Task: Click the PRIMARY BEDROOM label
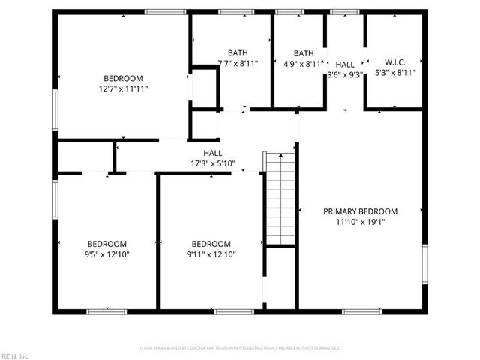tap(360, 211)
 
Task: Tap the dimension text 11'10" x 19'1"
tap(360, 222)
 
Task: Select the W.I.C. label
tap(394, 62)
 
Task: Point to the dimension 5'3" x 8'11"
tap(394, 73)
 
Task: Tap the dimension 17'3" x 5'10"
tap(213, 163)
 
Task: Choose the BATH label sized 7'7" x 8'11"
tap(238, 52)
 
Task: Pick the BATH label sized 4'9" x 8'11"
tap(304, 52)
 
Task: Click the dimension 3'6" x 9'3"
tap(345, 75)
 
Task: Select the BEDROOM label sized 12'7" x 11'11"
tap(123, 78)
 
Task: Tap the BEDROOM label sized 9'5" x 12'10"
tap(107, 244)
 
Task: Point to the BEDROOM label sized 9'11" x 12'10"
tap(211, 244)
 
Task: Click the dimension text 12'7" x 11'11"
tap(123, 88)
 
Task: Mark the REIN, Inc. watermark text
tap(14, 355)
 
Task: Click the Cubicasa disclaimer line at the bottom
tap(240, 348)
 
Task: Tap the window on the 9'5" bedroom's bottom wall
tap(106, 310)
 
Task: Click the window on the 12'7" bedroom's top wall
tap(165, 12)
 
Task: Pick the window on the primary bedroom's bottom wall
tap(361, 310)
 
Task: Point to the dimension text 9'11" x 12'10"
tap(211, 254)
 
